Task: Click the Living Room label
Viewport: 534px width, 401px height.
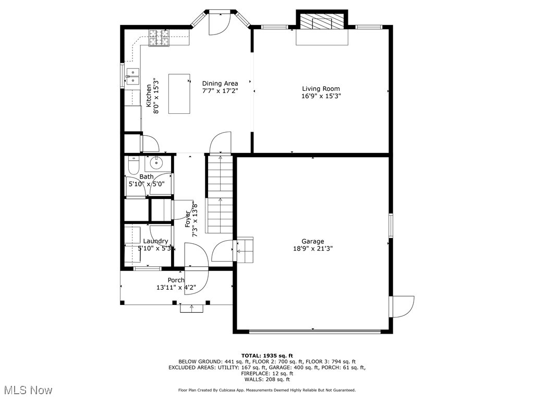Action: point(321,89)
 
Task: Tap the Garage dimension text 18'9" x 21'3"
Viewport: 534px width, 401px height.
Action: point(313,249)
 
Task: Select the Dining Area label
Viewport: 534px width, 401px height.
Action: point(220,84)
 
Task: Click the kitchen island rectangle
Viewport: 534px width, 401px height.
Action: point(179,93)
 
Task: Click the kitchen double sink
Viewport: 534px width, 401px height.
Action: point(132,76)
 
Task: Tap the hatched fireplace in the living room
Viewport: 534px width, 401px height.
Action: point(321,23)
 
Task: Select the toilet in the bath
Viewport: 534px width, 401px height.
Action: point(132,166)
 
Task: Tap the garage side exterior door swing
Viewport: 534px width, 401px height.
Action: point(403,306)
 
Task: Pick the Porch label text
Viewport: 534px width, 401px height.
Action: point(176,280)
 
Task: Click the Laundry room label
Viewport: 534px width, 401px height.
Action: point(155,241)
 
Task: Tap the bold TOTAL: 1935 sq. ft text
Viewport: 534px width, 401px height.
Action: point(266,355)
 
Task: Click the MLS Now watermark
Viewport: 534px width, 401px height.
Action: point(28,390)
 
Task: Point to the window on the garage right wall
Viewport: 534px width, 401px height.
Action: point(390,225)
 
